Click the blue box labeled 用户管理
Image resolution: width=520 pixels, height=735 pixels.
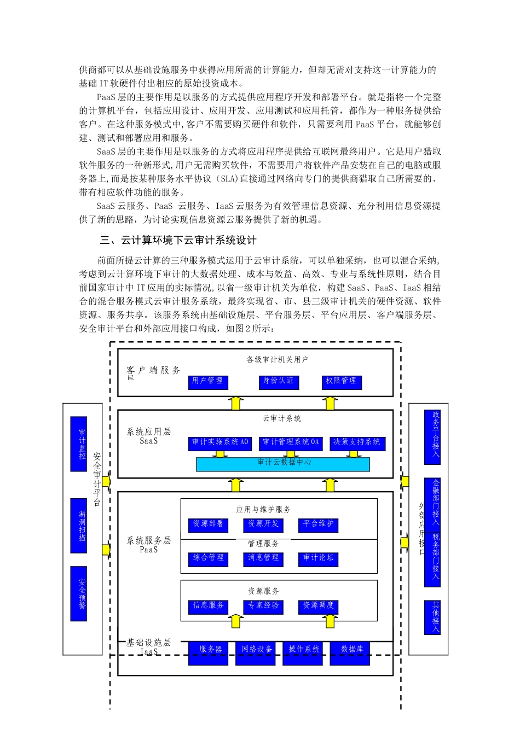point(208,382)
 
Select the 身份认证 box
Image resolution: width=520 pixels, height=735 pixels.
point(279,382)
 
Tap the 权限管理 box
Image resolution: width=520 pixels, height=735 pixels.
point(342,382)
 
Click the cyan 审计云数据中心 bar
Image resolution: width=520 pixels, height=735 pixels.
point(283,464)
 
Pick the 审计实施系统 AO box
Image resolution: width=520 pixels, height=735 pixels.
point(220,443)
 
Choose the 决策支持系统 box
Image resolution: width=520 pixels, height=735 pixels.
point(357,443)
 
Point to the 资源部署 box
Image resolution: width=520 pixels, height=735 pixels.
point(209,525)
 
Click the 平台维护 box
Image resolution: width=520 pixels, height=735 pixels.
point(319,525)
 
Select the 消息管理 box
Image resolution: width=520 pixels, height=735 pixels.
point(263,559)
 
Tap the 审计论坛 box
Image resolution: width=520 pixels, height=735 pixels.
point(319,559)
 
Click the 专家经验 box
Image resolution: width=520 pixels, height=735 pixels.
point(263,606)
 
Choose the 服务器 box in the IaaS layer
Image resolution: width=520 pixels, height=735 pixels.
point(209,652)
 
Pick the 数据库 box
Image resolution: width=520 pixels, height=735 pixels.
point(350,652)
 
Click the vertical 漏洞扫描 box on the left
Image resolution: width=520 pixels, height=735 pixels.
point(79,526)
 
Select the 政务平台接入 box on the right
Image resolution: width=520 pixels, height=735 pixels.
point(432,437)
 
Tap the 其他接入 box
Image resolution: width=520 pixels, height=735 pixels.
point(432,617)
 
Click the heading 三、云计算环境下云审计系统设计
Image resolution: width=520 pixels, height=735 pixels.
point(178,241)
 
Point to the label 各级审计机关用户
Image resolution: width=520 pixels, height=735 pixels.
point(278,360)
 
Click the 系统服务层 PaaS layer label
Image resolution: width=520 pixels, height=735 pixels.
point(149,545)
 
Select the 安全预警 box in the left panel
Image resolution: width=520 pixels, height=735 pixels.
point(79,593)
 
